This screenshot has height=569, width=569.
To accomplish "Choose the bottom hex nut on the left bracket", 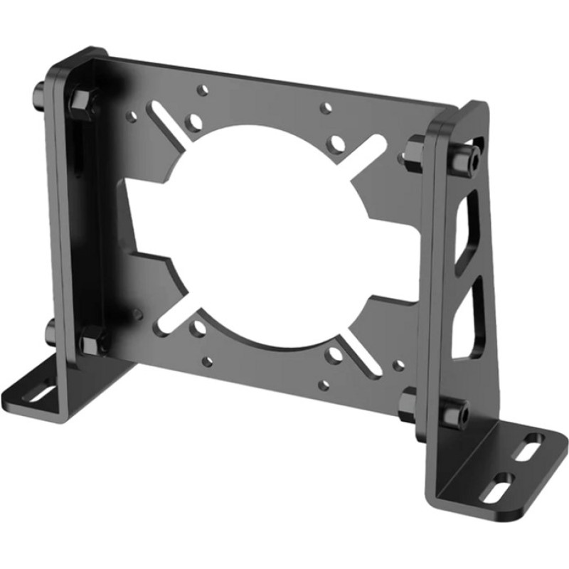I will pyautogui.click(x=92, y=342).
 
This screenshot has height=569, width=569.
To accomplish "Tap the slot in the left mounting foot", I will pyautogui.click(x=43, y=391).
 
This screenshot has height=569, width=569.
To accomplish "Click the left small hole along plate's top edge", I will pyautogui.click(x=203, y=90).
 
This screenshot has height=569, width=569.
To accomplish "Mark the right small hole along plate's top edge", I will pyautogui.click(x=326, y=108).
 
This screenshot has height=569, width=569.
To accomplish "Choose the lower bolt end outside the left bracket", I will pyautogui.click(x=50, y=331).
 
